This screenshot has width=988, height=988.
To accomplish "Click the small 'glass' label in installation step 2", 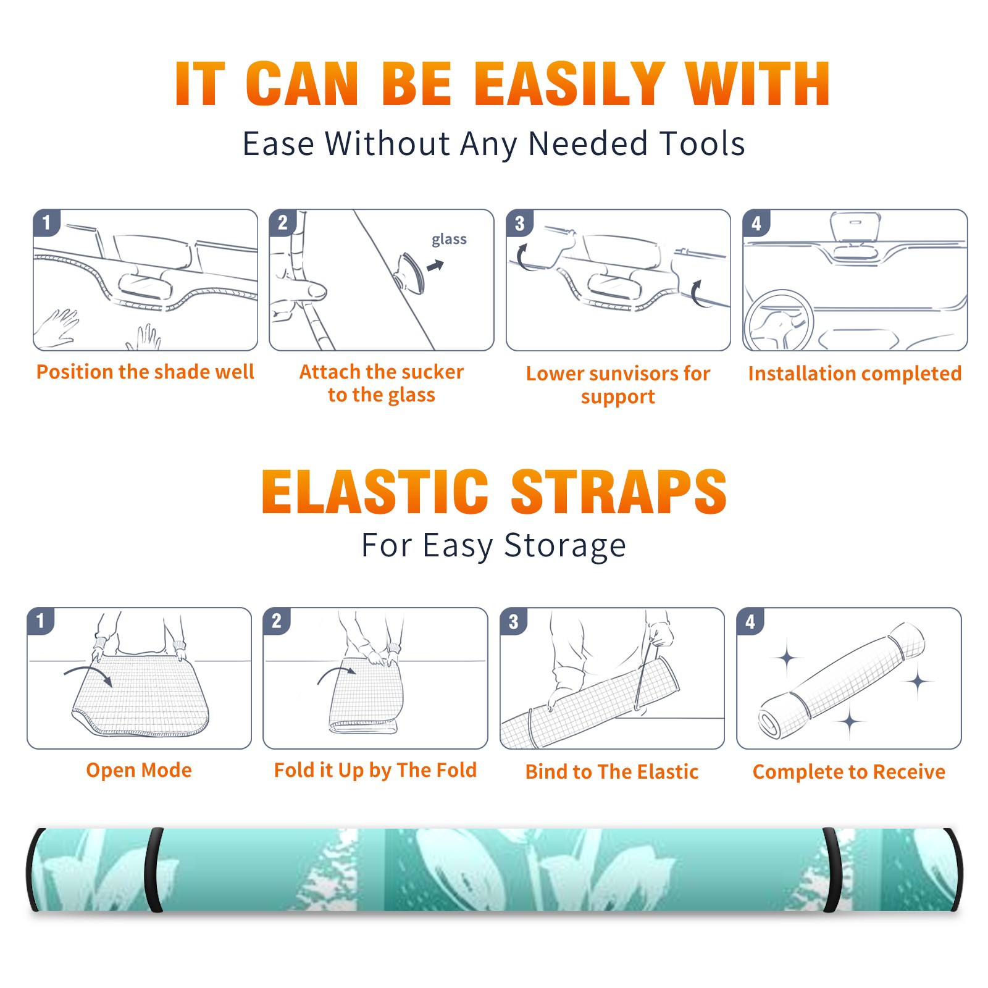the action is [x=449, y=240].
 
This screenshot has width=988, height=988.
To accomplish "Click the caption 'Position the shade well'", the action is [x=145, y=372].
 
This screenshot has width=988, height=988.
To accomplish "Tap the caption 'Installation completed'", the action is [x=855, y=373].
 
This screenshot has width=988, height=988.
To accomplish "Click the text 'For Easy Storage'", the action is [x=494, y=545].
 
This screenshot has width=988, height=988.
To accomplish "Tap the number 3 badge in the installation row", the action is [x=519, y=223].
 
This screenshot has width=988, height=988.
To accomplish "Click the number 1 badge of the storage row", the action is [x=41, y=621].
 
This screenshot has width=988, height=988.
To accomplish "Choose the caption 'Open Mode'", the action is [x=139, y=770].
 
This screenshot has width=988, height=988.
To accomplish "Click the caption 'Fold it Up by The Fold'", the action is [x=375, y=770].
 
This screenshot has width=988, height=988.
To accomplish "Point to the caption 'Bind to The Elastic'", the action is [x=612, y=771].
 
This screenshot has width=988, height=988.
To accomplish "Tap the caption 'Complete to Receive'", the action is [x=849, y=771].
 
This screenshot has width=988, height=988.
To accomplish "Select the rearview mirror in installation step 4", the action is [x=855, y=227].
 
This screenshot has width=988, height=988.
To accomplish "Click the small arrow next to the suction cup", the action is [x=436, y=266].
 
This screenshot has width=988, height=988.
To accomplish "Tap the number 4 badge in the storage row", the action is [x=750, y=621].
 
